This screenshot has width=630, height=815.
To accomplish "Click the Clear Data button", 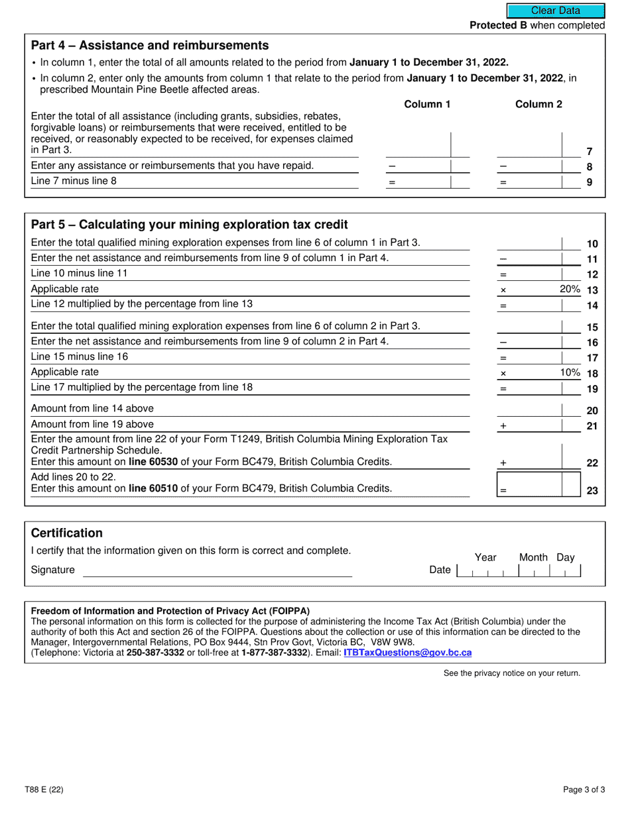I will pos(556,11).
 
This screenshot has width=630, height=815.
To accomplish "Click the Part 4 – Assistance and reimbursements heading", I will pos(150,45).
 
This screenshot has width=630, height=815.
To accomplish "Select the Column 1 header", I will pos(427,104).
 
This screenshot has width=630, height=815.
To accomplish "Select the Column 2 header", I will pos(538,104).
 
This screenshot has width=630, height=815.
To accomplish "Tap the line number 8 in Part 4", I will pos(590,167).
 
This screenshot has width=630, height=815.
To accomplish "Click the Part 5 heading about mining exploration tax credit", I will pos(190,225).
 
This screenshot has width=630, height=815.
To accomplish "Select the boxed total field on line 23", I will pos(538,484).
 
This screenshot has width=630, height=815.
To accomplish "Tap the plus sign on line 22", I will pos(503,463).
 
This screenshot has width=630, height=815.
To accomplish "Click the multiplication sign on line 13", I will pos(503,290).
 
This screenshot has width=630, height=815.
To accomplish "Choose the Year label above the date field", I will pos(485,557).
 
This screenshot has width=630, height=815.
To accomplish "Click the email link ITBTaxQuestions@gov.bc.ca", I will pos(407,653).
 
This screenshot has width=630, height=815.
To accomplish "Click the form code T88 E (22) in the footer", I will pos(48,789).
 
